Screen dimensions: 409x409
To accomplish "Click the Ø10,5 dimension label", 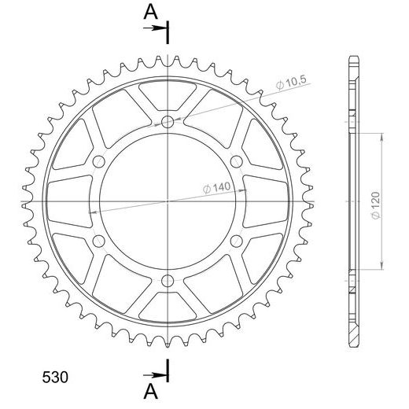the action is click(x=291, y=83).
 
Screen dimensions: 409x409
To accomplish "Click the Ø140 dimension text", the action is click(x=216, y=188).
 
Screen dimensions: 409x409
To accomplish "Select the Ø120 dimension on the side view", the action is click(x=375, y=205).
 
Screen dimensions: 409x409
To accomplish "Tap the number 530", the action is click(x=55, y=378).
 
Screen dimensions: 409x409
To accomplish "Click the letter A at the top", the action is click(x=151, y=12).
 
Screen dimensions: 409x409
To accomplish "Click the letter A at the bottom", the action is click(x=151, y=391).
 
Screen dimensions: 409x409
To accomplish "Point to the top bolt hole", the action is click(x=168, y=122).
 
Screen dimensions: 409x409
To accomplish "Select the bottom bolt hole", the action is click(x=168, y=281).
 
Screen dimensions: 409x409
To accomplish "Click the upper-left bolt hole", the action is click(x=99, y=161).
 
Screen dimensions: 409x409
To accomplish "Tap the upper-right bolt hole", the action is click(x=237, y=161).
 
